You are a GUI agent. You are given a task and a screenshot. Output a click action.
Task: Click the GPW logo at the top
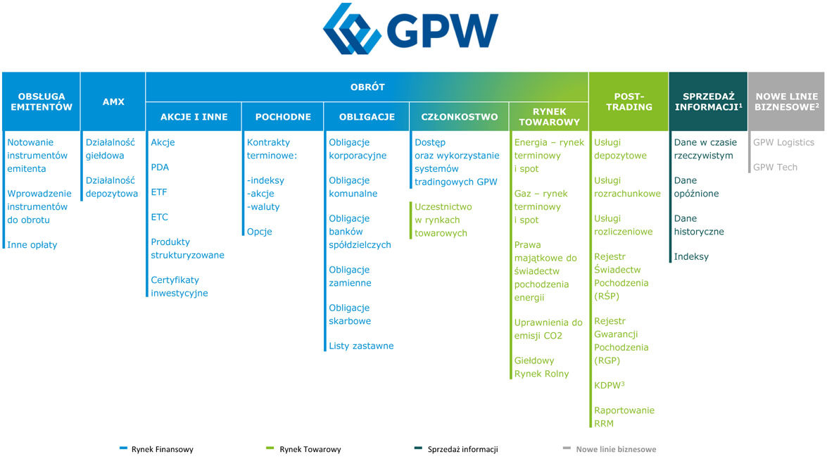(411, 30)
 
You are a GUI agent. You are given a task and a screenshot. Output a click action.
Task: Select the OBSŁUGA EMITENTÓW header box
(42, 101)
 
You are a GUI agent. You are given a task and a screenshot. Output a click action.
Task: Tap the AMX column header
(113, 101)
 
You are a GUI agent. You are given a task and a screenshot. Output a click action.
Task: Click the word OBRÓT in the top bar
(367, 87)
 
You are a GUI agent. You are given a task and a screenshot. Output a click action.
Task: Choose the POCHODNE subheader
(282, 117)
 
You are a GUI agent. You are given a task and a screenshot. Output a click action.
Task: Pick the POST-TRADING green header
(629, 101)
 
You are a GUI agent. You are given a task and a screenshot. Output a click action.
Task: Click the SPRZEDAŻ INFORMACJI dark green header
(708, 101)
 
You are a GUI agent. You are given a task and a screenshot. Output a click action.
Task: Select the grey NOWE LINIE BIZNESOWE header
(786, 101)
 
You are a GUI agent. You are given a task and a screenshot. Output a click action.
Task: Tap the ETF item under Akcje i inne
(159, 192)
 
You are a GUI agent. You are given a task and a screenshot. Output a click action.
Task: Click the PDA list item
(160, 168)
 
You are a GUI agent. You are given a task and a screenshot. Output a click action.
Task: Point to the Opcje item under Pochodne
(259, 232)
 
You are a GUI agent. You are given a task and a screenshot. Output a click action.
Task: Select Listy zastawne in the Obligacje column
(361, 346)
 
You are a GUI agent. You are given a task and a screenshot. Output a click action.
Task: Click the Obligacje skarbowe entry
(350, 315)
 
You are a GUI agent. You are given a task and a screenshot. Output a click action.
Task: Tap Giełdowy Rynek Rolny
(541, 367)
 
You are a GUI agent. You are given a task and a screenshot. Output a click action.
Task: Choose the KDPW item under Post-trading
(609, 385)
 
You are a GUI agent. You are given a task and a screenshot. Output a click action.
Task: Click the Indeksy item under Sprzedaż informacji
(691, 257)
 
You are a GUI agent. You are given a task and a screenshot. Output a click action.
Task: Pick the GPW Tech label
(775, 168)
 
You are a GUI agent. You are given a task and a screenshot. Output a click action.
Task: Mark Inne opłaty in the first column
(32, 245)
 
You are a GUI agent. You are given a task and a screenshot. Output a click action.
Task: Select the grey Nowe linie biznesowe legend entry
(615, 449)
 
